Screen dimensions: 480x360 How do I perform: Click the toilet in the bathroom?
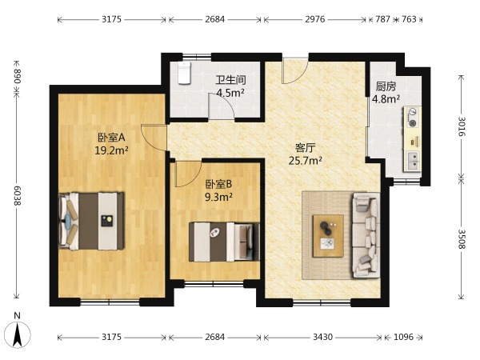click(184, 73)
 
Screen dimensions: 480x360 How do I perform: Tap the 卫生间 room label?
click(231, 80)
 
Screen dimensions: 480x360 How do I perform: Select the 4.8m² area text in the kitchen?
click(386, 99)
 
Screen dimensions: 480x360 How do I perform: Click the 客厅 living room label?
click(306, 148)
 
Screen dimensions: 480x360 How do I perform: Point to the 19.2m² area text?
click(111, 150)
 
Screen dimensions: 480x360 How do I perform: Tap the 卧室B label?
click(218, 184)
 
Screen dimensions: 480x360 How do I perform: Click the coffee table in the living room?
click(328, 235)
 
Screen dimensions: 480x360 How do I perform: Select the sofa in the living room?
click(366, 234)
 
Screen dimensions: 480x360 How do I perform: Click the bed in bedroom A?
click(91, 221)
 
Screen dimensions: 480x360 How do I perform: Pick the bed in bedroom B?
click(224, 242)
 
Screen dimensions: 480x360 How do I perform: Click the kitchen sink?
click(413, 161)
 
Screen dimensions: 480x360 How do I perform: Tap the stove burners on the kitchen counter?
click(413, 118)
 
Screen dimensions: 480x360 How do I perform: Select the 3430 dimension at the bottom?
click(322, 337)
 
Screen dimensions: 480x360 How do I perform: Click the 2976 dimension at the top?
click(314, 19)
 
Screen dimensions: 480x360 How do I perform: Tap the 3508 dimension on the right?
click(462, 239)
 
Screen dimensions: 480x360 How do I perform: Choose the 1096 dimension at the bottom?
click(403, 337)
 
